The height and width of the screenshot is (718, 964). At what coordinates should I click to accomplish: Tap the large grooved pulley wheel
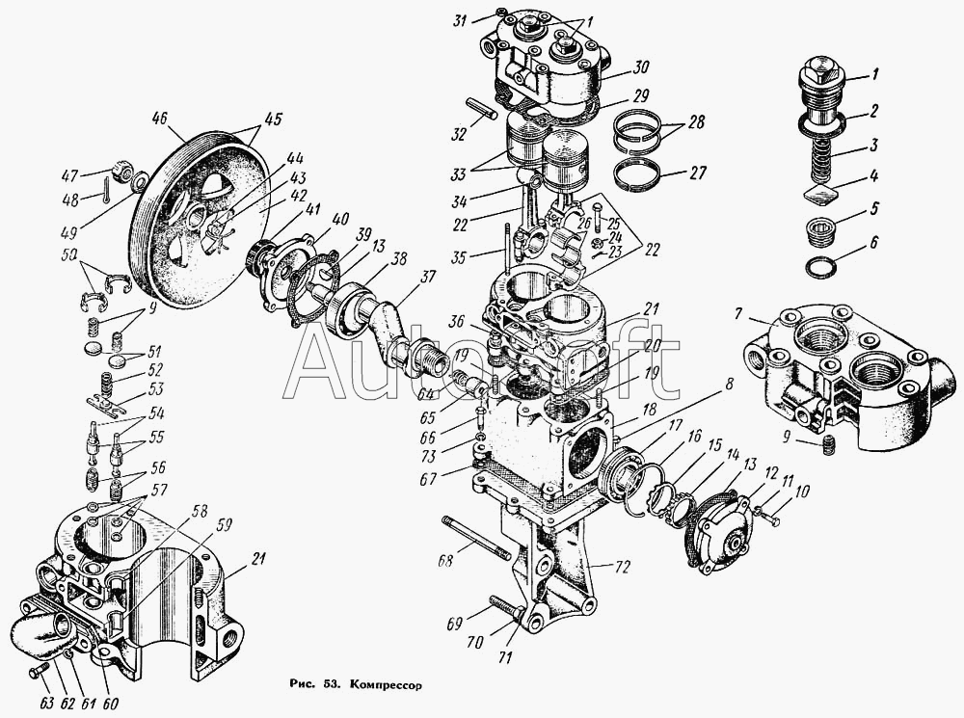pos(198,217)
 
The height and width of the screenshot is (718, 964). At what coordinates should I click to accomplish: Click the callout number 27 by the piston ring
pos(697,173)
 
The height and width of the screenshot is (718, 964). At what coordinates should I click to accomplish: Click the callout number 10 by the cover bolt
pos(801,492)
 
